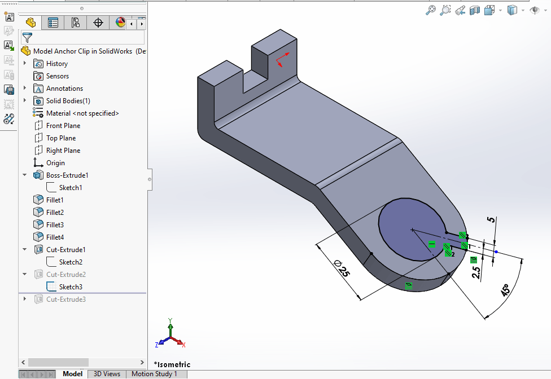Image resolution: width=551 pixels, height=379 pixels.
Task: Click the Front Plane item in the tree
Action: [63, 126]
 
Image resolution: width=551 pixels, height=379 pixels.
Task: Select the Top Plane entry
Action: [60, 138]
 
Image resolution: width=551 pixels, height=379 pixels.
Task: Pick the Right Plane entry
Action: [63, 151]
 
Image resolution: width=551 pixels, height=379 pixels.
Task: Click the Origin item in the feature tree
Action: [55, 163]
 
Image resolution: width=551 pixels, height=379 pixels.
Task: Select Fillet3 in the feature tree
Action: [55, 225]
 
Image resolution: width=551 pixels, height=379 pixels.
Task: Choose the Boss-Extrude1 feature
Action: [67, 175]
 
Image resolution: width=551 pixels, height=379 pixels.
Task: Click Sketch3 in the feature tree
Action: [71, 287]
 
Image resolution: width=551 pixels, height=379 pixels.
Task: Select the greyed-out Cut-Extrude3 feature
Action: [66, 299]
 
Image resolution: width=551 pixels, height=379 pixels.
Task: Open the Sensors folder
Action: [57, 76]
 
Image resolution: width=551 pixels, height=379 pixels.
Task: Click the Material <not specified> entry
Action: [82, 113]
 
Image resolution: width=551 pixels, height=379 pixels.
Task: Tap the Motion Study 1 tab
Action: [154, 374]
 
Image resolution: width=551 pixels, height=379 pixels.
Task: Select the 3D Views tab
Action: [107, 374]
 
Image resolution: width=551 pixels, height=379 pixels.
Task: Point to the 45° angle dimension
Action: [504, 290]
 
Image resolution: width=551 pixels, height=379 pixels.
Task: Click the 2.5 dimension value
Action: [476, 273]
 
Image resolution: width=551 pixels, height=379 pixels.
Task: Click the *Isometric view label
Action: [172, 364]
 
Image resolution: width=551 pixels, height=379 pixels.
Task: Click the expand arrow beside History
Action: [25, 64]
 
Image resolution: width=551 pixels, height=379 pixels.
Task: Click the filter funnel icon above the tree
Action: [27, 38]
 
